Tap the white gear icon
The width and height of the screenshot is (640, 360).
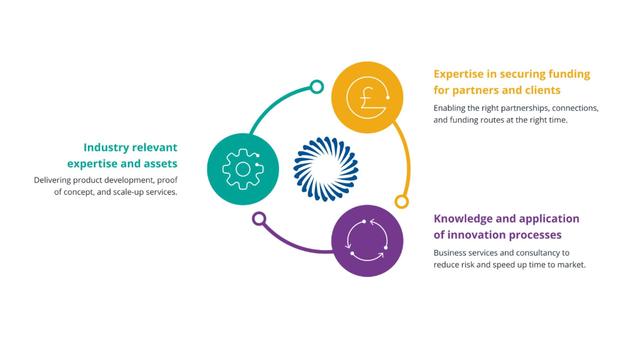click(243, 169)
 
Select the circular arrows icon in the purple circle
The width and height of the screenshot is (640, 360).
click(367, 240)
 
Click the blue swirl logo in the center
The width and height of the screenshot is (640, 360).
click(326, 169)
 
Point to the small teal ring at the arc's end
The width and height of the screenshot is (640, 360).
click(317, 87)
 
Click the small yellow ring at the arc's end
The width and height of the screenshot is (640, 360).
click(402, 202)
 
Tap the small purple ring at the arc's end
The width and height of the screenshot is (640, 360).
click(259, 219)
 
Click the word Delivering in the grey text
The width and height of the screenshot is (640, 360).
click(52, 180)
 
